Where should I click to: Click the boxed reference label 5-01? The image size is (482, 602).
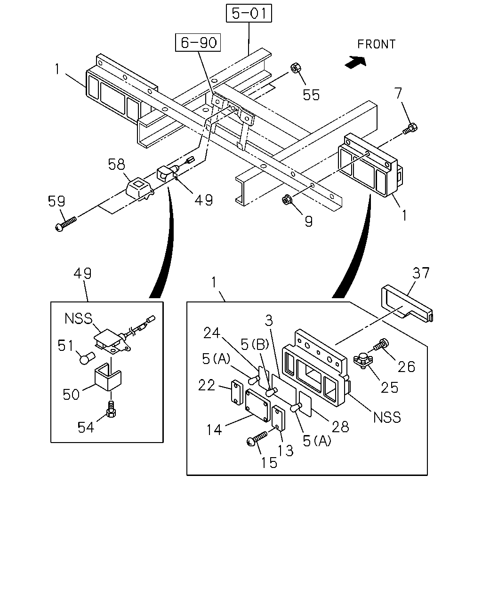pos(249,13)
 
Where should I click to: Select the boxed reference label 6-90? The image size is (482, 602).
pos(198,42)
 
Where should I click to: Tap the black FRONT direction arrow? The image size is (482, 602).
pos(356,62)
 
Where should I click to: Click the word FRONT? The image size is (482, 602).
pos(376,44)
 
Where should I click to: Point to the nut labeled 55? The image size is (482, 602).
pos(296,68)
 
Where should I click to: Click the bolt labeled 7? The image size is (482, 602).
pos(410,129)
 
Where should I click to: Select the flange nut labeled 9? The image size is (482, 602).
pos(287,200)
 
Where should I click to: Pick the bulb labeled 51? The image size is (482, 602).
pos(87,358)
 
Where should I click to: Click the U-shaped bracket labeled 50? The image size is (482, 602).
pos(107,376)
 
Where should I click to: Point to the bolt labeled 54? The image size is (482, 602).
pos(111,409)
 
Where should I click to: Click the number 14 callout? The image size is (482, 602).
pos(214,430)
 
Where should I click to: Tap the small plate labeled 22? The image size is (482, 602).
pos(237,393)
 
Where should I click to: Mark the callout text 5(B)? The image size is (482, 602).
pos(255,344)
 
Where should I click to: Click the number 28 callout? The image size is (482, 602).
pos(340,427)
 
